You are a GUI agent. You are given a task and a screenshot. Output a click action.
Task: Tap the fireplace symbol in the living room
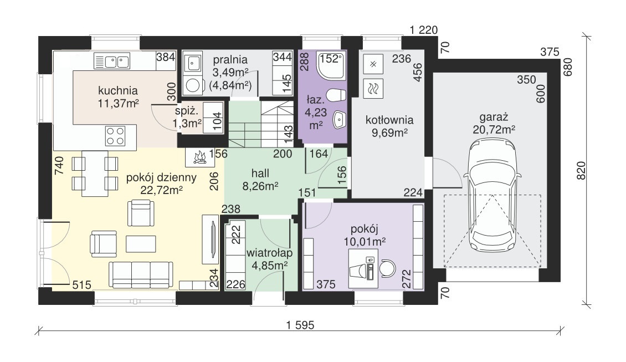(x=200, y=158)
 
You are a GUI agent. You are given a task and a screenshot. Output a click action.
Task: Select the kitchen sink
(x=112, y=61)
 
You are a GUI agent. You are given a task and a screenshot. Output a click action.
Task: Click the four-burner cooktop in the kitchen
(x=115, y=136)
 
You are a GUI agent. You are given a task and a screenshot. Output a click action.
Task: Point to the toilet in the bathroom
(x=336, y=95)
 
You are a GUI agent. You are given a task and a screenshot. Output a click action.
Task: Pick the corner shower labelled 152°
(x=331, y=64)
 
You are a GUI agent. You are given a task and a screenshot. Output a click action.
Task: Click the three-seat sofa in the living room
(x=141, y=275)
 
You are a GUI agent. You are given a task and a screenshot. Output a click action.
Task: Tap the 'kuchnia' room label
(x=118, y=91)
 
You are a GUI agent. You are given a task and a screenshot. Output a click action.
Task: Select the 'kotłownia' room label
(x=389, y=120)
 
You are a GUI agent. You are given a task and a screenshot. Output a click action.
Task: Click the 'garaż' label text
(x=494, y=117)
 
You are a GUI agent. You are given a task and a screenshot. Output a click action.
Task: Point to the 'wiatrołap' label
(x=269, y=253)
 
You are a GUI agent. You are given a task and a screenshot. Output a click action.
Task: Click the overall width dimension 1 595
(x=300, y=325)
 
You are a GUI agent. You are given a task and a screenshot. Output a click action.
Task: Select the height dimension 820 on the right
(x=581, y=170)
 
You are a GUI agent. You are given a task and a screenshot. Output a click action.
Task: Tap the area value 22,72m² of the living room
(x=161, y=190)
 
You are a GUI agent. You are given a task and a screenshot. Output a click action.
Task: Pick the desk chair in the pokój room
(x=386, y=268)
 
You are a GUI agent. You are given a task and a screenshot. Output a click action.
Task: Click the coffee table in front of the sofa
(x=141, y=244)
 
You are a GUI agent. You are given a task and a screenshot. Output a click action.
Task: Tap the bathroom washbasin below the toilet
(x=339, y=119)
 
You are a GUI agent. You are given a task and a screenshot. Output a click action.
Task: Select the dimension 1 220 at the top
(x=424, y=30)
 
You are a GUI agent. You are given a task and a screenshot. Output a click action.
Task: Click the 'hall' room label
(x=260, y=173)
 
